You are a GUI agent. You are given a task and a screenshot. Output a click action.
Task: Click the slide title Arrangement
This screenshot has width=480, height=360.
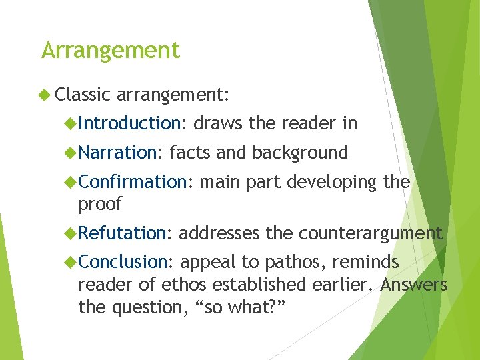pyautogui.click(x=111, y=51)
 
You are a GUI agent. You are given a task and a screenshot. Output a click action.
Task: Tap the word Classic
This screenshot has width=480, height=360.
pyautogui.click(x=83, y=95)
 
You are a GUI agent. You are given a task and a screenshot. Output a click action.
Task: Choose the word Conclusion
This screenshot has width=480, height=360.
pyautogui.click(x=126, y=263)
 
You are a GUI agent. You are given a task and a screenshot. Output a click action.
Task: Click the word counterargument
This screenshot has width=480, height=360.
pyautogui.click(x=370, y=233)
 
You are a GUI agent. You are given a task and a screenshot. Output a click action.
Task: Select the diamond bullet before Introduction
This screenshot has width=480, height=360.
pyautogui.click(x=71, y=123)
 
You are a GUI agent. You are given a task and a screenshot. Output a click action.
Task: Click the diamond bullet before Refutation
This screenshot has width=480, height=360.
pyautogui.click(x=71, y=233)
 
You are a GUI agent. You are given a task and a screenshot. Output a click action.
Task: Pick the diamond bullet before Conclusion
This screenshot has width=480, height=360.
pyautogui.click(x=71, y=263)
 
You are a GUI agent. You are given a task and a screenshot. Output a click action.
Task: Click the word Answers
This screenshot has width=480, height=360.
pyautogui.click(x=414, y=285)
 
